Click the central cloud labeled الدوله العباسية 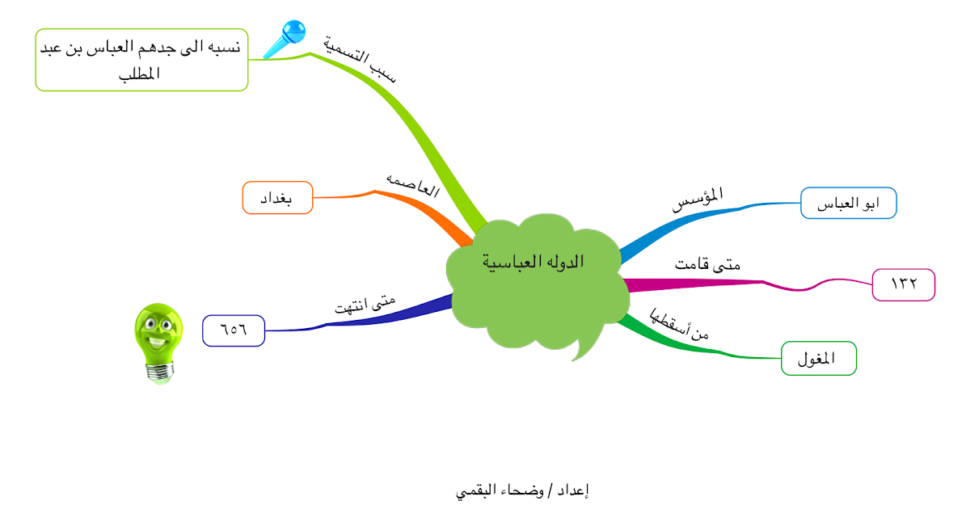[537, 281]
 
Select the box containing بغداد [277, 198]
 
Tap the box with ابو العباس [848, 203]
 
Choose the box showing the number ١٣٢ [904, 284]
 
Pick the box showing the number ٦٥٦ [234, 330]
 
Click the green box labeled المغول [818, 359]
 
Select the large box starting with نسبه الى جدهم [141, 60]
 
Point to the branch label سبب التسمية [360, 58]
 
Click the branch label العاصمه [413, 185]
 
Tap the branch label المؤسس [698, 199]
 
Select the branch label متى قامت [707, 264]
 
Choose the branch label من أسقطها [678, 324]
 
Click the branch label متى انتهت [365, 305]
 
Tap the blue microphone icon [285, 39]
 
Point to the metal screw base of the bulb [160, 372]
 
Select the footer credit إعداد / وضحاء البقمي [522, 491]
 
